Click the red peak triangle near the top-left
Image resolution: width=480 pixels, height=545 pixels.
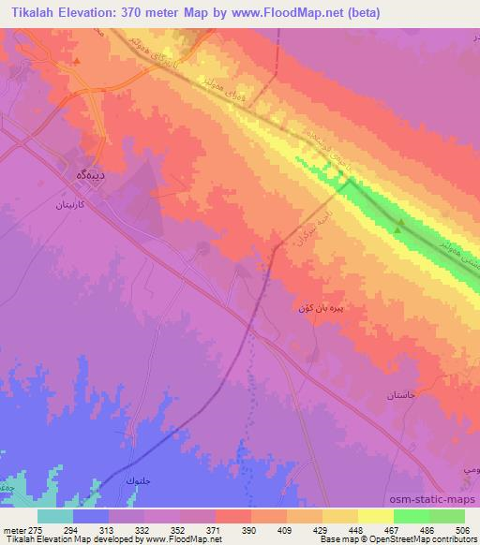(x=77, y=62)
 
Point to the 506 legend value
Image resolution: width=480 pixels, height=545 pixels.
(x=462, y=529)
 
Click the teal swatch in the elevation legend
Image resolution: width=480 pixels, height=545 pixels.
(x=55, y=516)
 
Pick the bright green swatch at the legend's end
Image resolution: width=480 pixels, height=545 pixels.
(x=446, y=516)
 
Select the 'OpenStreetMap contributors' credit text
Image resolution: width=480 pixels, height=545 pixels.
(x=433, y=540)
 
